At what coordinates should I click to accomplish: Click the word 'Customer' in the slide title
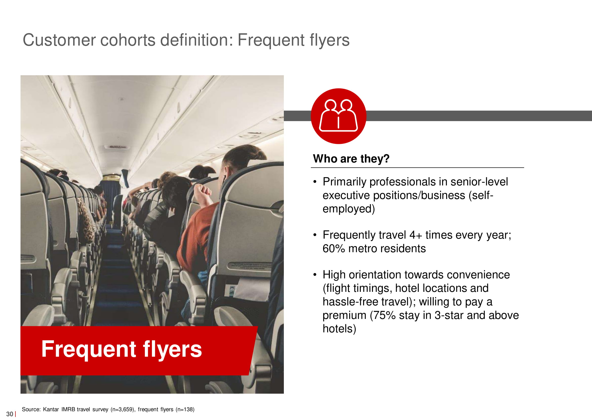(x=59, y=40)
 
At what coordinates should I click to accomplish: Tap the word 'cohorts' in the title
(x=128, y=40)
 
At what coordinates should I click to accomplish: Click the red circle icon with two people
(x=338, y=116)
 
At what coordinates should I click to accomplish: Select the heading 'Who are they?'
(x=351, y=159)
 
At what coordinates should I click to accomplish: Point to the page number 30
(x=10, y=414)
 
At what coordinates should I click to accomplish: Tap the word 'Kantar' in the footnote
(x=51, y=409)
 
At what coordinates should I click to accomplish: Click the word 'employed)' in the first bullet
(x=349, y=209)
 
